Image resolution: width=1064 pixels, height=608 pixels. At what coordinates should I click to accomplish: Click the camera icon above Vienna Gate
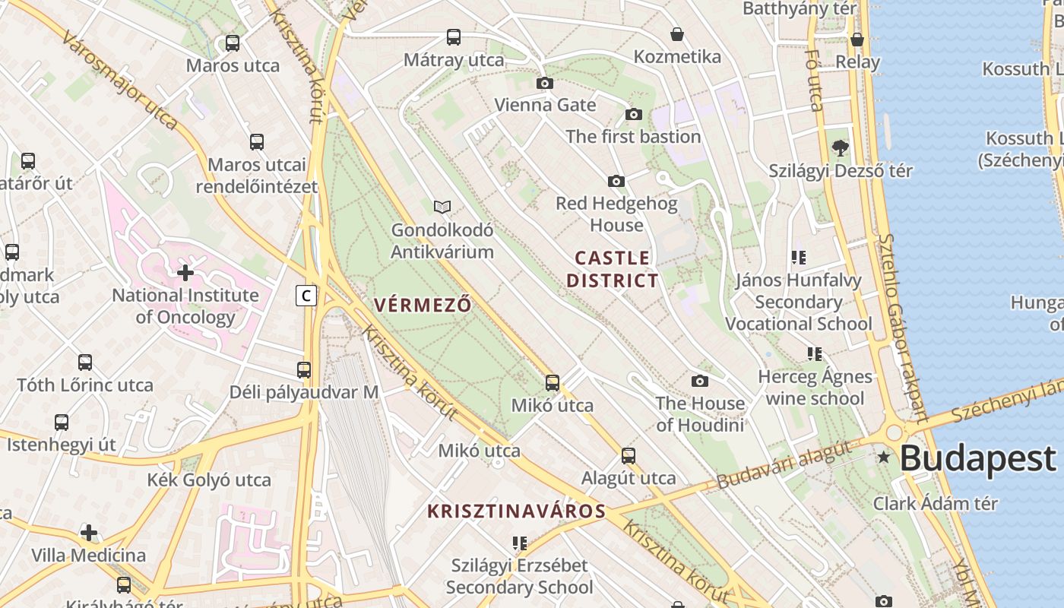(x=545, y=83)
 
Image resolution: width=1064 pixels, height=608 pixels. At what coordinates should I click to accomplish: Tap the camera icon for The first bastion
(x=634, y=115)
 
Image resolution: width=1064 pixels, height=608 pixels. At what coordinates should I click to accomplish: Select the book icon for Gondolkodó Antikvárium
(x=442, y=207)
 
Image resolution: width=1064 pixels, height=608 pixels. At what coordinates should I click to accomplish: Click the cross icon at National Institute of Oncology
(x=185, y=272)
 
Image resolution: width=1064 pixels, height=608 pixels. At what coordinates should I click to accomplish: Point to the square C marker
(x=306, y=296)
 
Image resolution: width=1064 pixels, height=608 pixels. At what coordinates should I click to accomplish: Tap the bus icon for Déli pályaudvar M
(x=304, y=370)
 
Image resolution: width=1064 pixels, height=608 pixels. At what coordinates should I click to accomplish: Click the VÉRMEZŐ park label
(x=423, y=306)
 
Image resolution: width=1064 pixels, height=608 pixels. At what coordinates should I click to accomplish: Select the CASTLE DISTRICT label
(x=613, y=269)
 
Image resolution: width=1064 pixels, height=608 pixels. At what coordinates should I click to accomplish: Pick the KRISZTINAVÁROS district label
(x=517, y=511)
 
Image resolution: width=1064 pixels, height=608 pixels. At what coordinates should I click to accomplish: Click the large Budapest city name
(x=978, y=459)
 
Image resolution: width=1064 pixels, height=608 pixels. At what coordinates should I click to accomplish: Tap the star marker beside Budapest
(x=884, y=457)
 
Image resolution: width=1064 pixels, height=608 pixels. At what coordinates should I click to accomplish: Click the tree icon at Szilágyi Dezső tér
(x=840, y=147)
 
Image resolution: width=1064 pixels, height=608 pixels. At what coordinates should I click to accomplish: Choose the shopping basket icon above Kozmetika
(x=677, y=34)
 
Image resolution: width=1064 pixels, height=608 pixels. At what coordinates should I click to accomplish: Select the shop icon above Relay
(x=857, y=40)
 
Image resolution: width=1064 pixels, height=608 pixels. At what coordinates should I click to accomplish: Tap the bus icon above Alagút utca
(x=629, y=456)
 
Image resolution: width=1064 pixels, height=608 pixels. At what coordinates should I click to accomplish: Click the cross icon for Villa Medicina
(x=89, y=533)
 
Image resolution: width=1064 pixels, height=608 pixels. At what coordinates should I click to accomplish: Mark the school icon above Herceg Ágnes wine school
(x=815, y=354)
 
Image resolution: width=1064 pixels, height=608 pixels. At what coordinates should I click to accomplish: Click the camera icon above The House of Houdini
(x=700, y=381)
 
